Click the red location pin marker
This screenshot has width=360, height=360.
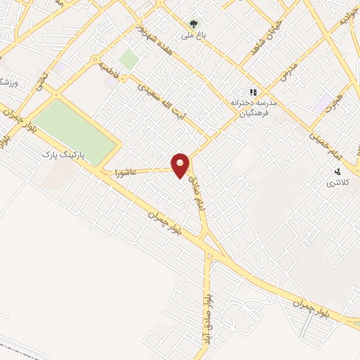pyautogui.click(x=181, y=165)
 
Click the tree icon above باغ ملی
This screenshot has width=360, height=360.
pyautogui.click(x=194, y=23)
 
